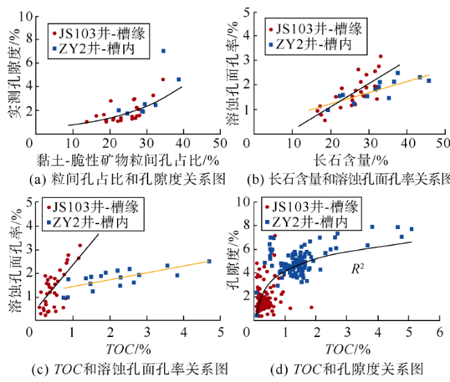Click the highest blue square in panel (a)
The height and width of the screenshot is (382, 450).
click(x=163, y=51)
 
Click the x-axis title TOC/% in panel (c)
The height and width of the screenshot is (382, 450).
click(x=123, y=348)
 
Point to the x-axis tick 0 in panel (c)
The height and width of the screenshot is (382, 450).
click(x=29, y=333)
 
